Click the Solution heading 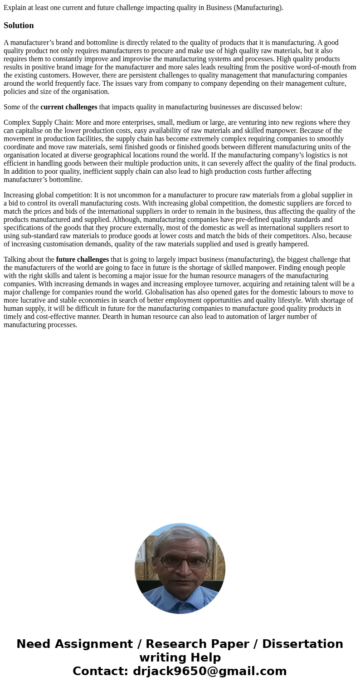click(19, 25)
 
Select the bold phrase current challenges click(68, 107)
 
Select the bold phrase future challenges click(82, 260)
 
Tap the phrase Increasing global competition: click(48, 195)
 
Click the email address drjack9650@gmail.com click(209, 671)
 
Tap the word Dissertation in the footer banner click(302, 644)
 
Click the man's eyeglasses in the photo click(180, 561)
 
